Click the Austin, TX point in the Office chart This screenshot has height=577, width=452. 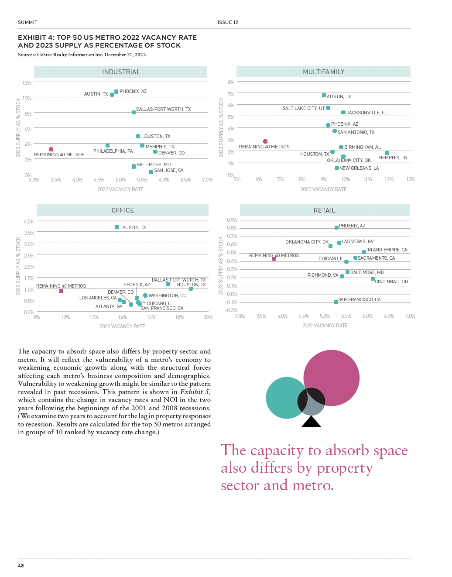[116, 227]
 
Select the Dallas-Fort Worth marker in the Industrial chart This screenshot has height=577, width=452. [134, 113]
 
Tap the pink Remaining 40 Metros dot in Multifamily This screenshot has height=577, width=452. [265, 141]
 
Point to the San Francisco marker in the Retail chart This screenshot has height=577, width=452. [336, 302]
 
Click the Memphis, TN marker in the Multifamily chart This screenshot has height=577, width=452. [387, 153]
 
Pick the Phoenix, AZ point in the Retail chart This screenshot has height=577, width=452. [336, 227]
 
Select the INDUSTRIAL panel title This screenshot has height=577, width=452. [121, 72]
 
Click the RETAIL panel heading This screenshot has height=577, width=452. [324, 210]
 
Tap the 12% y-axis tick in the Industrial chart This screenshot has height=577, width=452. [27, 83]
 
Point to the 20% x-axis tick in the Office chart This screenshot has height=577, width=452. [208, 317]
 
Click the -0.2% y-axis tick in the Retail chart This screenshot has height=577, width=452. [232, 310]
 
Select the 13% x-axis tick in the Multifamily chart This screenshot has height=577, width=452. [411, 179]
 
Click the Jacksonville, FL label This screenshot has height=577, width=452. [366, 113]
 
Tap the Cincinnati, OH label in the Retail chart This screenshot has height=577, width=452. [391, 282]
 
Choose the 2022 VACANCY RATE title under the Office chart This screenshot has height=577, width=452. [122, 326]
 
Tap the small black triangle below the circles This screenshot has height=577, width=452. [311, 422]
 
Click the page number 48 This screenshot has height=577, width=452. [21, 566]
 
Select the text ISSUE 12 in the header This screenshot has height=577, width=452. [228, 23]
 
